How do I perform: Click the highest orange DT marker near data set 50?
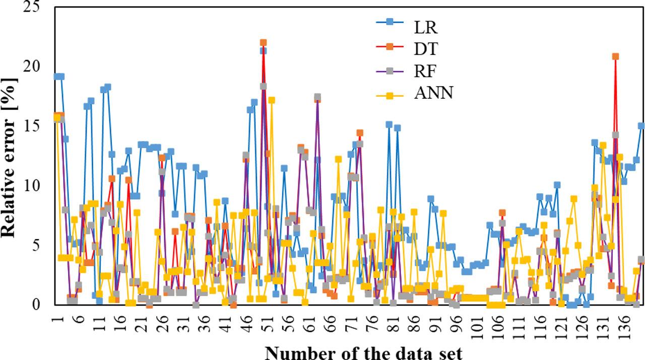[263, 43]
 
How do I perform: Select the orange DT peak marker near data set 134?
[615, 56]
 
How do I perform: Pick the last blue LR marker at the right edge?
[641, 126]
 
